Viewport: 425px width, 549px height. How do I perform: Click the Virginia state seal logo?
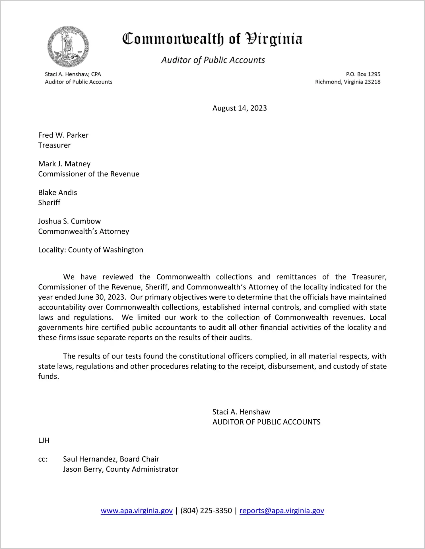click(68, 46)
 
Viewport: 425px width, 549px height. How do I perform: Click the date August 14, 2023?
click(240, 108)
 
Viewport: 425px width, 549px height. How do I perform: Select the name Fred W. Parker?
click(63, 135)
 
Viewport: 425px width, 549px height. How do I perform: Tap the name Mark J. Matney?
click(64, 164)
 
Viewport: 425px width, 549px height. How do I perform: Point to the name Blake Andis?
click(57, 193)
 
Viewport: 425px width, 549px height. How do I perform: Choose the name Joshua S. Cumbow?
click(69, 221)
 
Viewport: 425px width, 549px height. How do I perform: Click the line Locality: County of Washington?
click(91, 250)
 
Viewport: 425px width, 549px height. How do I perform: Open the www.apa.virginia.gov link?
click(137, 511)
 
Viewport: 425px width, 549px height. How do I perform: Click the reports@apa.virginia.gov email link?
click(282, 511)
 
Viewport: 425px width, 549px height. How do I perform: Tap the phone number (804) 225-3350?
click(206, 511)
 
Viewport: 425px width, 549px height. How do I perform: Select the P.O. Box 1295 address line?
click(363, 74)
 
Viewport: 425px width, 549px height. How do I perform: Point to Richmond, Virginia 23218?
click(348, 82)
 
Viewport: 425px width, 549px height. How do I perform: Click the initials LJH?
click(44, 441)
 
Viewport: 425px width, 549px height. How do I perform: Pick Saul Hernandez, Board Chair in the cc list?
click(111, 459)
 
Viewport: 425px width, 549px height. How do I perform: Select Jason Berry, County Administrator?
click(121, 469)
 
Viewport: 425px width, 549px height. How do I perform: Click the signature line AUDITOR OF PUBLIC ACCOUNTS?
click(266, 422)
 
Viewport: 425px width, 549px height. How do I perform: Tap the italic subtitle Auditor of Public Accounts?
click(213, 60)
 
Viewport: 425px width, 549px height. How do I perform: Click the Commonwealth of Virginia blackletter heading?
click(212, 39)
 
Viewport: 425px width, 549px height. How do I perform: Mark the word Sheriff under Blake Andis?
click(49, 203)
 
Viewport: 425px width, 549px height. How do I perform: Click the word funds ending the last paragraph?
click(48, 377)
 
